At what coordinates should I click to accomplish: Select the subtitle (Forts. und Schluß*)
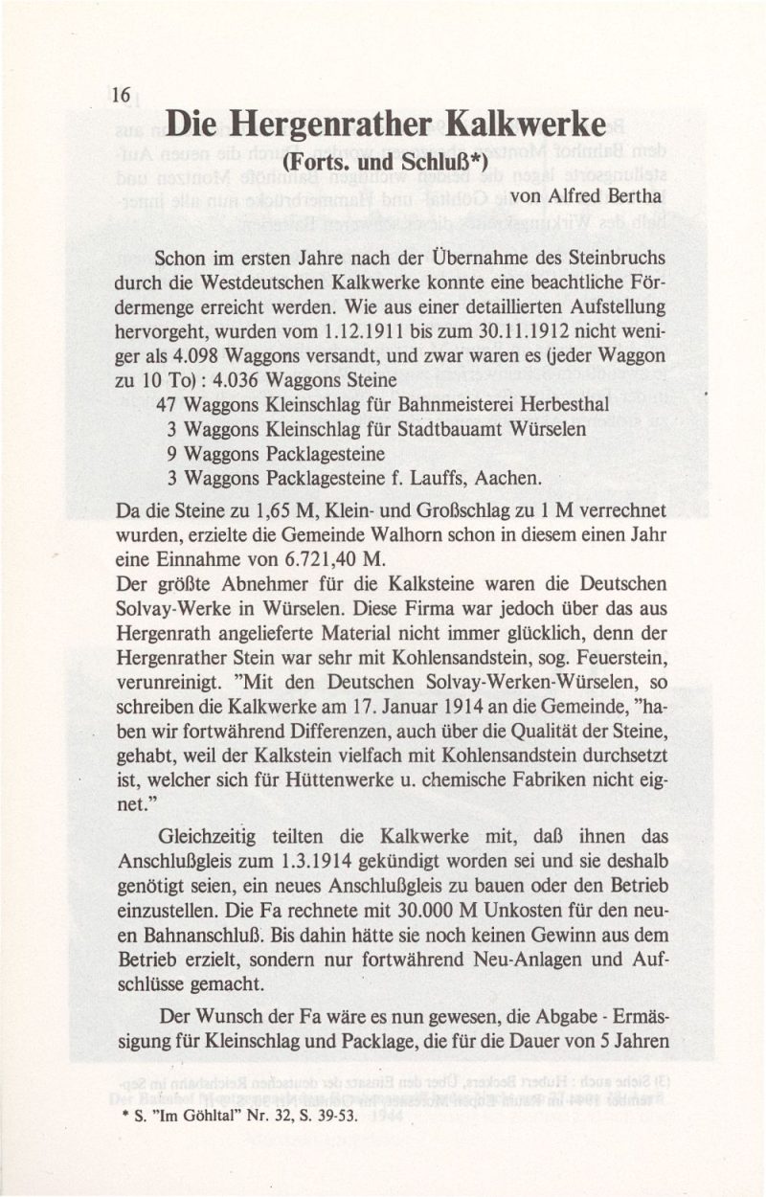pos(387,162)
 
